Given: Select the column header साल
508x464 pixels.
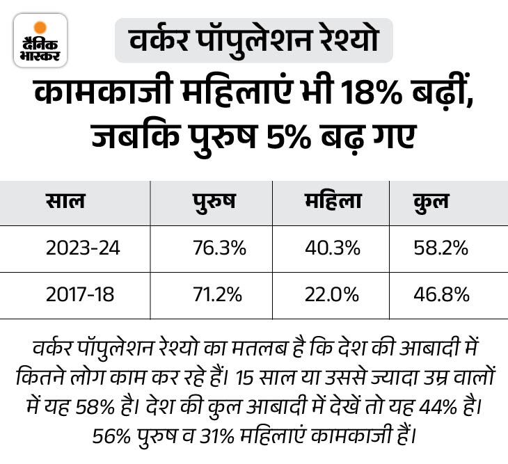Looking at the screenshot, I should [x=66, y=202].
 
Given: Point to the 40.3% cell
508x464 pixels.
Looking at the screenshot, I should [x=332, y=248].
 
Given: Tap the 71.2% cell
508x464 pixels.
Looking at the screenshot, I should [x=218, y=295].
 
